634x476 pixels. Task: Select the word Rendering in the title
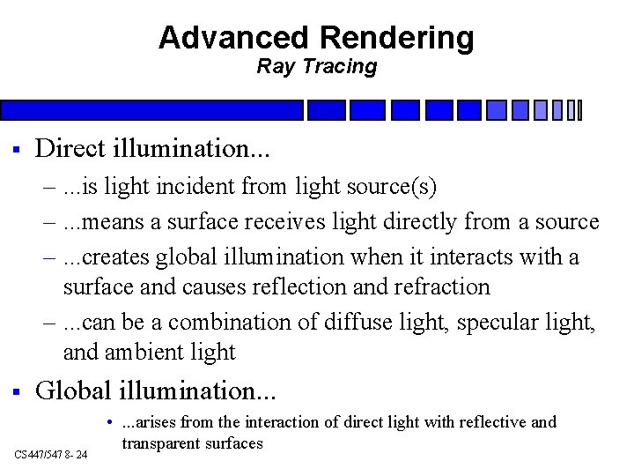coord(397,38)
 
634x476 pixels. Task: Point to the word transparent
coord(163,443)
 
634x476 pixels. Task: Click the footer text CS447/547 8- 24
coord(52,454)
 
